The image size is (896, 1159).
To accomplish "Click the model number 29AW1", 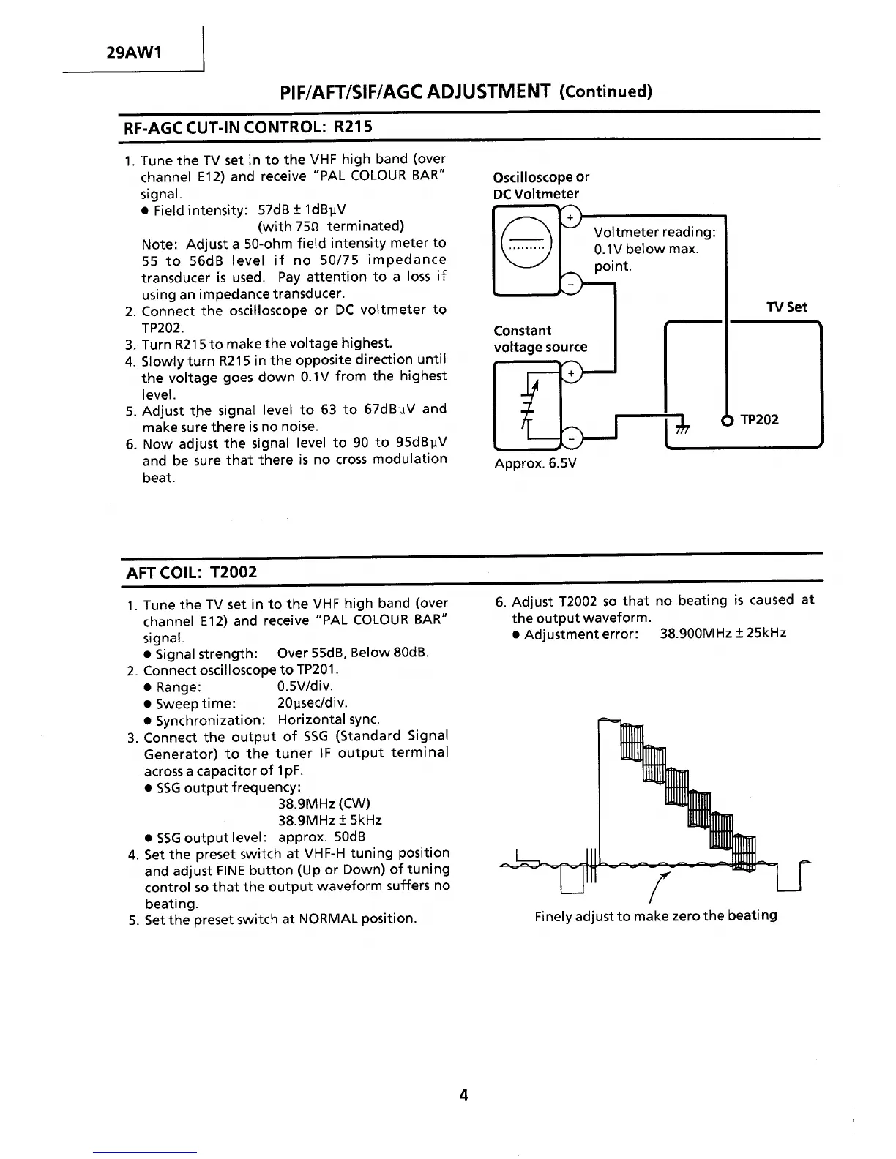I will coord(134,53).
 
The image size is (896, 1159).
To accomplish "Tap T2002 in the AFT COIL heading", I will coord(234,571).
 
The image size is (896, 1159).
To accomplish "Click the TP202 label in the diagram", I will coord(759,420).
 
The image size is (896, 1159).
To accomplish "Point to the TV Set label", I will coord(787,307).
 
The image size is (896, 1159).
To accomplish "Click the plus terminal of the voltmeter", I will coord(570,217).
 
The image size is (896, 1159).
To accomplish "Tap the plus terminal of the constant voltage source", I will coord(570,374).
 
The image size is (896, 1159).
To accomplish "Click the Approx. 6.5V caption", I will coord(535,464).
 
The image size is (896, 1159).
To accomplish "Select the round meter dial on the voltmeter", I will coord(523,244).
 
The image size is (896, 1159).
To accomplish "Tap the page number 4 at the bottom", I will coord(463,1095).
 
